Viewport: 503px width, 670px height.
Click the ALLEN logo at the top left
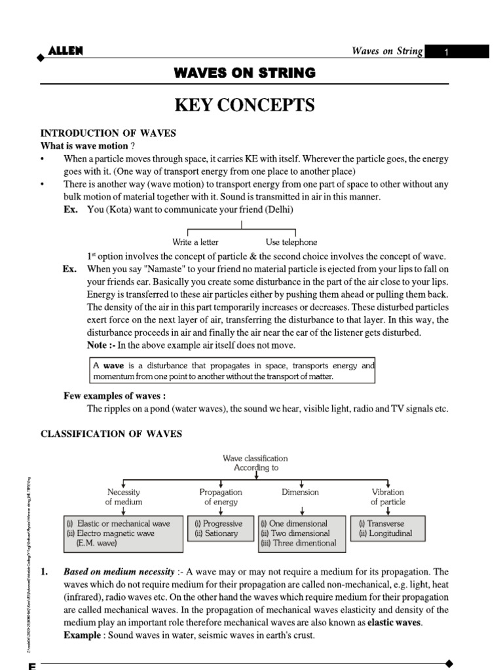point(65,51)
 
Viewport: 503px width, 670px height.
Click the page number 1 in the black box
point(445,52)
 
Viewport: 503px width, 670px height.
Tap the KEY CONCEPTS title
point(244,105)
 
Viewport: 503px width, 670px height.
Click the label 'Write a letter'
point(195,242)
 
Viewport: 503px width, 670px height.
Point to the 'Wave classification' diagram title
point(255,459)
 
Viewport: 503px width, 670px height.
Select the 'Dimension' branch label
point(300,492)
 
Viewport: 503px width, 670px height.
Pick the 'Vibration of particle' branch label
point(388,497)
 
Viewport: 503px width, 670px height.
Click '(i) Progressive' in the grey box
point(218,524)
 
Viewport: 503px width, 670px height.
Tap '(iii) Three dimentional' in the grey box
point(298,542)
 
